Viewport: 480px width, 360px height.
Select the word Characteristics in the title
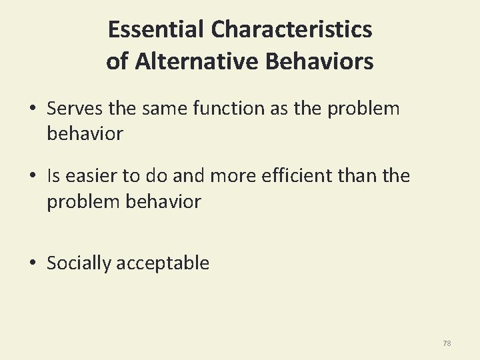pos(291,29)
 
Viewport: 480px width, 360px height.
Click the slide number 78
pos(447,343)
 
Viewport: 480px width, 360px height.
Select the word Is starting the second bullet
pos(53,176)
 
